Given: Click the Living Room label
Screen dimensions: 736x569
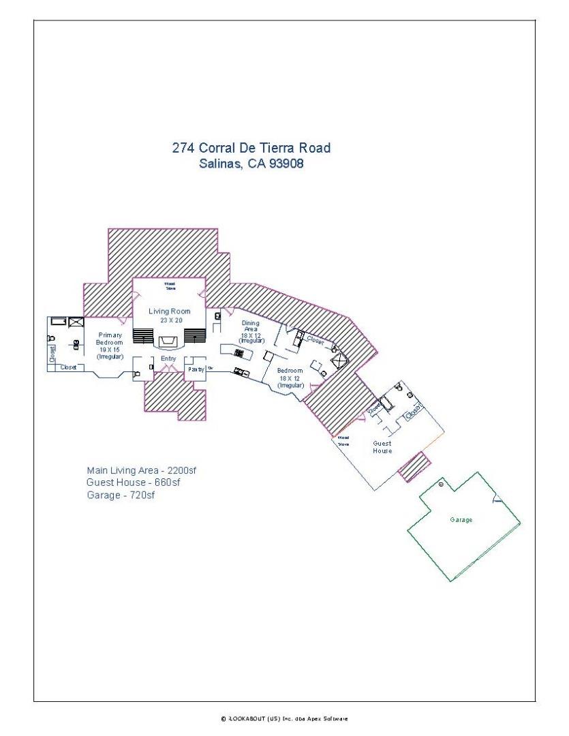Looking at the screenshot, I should click(170, 311).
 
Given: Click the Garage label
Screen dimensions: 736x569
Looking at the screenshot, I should click(461, 520).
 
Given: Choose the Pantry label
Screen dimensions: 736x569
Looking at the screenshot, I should click(196, 369).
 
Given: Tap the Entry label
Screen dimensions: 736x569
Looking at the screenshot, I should click(168, 358).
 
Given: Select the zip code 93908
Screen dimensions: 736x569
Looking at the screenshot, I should click(286, 164).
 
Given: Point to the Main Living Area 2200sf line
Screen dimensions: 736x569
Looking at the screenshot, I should click(141, 470).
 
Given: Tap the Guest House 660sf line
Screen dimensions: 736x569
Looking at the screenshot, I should click(133, 482).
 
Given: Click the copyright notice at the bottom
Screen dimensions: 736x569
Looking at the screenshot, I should click(283, 718).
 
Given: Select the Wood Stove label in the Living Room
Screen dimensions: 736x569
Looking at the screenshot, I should click(169, 286).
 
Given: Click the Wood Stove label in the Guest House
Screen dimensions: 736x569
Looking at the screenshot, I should click(343, 440).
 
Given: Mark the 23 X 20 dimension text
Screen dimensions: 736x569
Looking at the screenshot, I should click(170, 320).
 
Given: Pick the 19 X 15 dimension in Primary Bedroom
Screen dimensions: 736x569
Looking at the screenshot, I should click(110, 349).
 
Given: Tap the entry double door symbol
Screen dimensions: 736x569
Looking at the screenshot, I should click(168, 369).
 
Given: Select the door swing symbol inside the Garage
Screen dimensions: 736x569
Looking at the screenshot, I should click(497, 499).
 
